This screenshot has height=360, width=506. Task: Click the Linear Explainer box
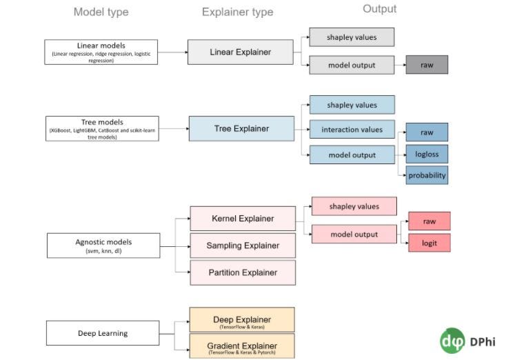pyautogui.click(x=241, y=52)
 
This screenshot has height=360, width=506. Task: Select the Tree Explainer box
pyautogui.click(x=241, y=128)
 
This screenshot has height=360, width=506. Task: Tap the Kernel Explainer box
pyautogui.click(x=243, y=219)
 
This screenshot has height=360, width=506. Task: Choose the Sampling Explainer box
pyautogui.click(x=243, y=246)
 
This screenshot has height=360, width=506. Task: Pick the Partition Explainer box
pyautogui.click(x=243, y=272)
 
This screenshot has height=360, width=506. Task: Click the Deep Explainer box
pyautogui.click(x=241, y=320)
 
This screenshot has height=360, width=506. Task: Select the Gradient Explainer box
pyautogui.click(x=241, y=346)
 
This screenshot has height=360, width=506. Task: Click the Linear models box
pyautogui.click(x=101, y=52)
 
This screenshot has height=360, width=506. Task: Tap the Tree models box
pyautogui.click(x=101, y=128)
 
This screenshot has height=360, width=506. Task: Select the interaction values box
pyautogui.click(x=352, y=130)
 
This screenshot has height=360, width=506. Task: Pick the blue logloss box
pyautogui.click(x=427, y=154)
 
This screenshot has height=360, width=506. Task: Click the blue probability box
pyautogui.click(x=427, y=175)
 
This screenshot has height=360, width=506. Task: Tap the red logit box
pyautogui.click(x=429, y=243)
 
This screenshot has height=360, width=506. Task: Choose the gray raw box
pyautogui.click(x=427, y=65)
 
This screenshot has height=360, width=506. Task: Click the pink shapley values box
pyautogui.click(x=354, y=206)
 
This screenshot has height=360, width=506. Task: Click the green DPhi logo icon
pyautogui.click(x=453, y=341)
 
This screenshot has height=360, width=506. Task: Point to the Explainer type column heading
pyautogui.click(x=237, y=12)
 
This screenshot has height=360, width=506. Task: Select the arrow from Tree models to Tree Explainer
pyautogui.click(x=174, y=128)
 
